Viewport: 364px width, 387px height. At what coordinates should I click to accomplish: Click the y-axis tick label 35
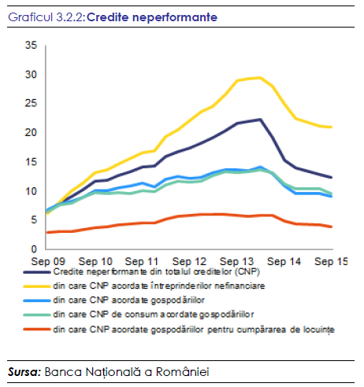pos(31,45)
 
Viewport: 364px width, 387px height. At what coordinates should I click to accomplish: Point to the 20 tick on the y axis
pos(31,132)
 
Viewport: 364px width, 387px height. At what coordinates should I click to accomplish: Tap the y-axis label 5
pos(34,219)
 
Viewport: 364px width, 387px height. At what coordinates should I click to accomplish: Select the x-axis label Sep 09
pos(48,261)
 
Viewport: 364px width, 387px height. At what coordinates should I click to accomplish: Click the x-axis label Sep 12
pos(189,261)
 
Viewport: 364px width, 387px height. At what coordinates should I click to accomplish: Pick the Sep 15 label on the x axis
pos(331,261)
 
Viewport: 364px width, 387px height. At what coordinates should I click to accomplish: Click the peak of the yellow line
pos(260,77)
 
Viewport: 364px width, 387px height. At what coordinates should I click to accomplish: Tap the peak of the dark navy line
pos(260,120)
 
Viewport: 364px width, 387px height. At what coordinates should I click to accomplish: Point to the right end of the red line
pos(332,227)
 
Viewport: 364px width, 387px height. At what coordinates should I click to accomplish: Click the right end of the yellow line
pos(332,127)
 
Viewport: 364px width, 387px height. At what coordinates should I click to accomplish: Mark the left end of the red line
pos(47,232)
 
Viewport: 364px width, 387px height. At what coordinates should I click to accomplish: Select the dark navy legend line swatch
pos(37,272)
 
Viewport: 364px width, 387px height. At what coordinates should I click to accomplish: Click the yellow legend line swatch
pos(37,286)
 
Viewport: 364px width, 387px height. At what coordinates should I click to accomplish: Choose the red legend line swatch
pos(37,329)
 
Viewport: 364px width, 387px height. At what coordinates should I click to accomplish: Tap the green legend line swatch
pos(37,315)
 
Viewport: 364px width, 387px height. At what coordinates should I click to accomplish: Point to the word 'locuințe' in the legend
pos(319,330)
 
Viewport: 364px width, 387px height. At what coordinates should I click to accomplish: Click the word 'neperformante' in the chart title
pos(175,17)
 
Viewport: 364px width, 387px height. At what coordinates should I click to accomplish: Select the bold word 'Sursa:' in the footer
pos(24,372)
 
